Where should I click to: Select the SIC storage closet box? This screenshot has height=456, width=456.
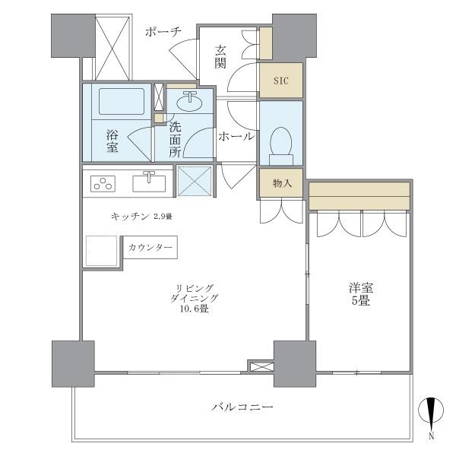point(280,79)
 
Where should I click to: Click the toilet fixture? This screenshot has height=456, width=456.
point(280,143)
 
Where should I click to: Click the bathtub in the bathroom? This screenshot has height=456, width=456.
point(119,102)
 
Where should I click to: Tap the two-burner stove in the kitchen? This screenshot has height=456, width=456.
point(103,183)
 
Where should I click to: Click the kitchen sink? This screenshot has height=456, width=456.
point(149,182)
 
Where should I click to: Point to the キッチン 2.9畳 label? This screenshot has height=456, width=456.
point(141,217)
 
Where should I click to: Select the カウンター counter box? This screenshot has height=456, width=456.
point(150,248)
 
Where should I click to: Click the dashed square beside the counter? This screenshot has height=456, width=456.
point(101,250)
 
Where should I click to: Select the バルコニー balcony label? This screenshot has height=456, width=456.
point(242,407)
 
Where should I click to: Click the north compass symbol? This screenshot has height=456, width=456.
point(430,415)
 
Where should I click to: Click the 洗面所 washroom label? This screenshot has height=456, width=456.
point(175,138)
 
